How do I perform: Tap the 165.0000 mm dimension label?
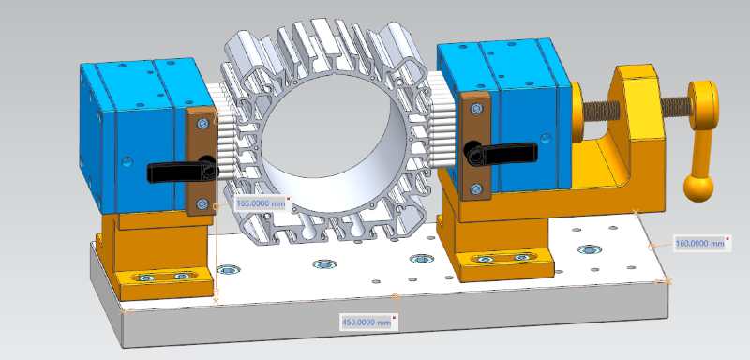(262, 203)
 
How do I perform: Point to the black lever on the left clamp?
(182, 171)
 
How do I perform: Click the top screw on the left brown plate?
(202, 124)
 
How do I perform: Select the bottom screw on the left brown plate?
(202, 203)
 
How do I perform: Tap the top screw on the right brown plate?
(476, 109)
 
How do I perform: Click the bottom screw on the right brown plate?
(476, 188)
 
